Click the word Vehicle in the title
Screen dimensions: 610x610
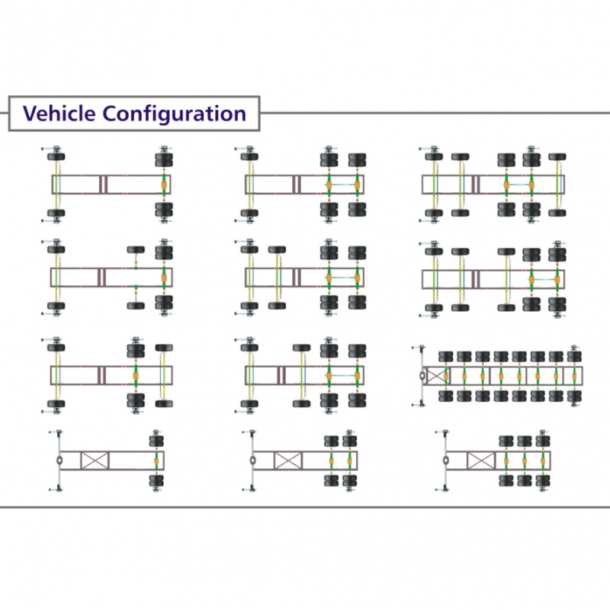(59, 114)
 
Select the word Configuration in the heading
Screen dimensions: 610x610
(174, 114)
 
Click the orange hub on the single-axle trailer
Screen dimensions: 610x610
(157, 461)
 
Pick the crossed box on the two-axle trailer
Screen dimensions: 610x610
(287, 461)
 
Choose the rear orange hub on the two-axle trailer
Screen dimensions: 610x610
(350, 461)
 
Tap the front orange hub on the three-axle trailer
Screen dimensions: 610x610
(506, 461)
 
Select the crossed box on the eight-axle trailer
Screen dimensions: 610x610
(435, 375)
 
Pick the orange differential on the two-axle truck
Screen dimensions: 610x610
(163, 185)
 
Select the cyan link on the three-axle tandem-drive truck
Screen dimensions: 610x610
(343, 185)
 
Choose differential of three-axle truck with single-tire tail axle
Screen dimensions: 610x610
(136, 375)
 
